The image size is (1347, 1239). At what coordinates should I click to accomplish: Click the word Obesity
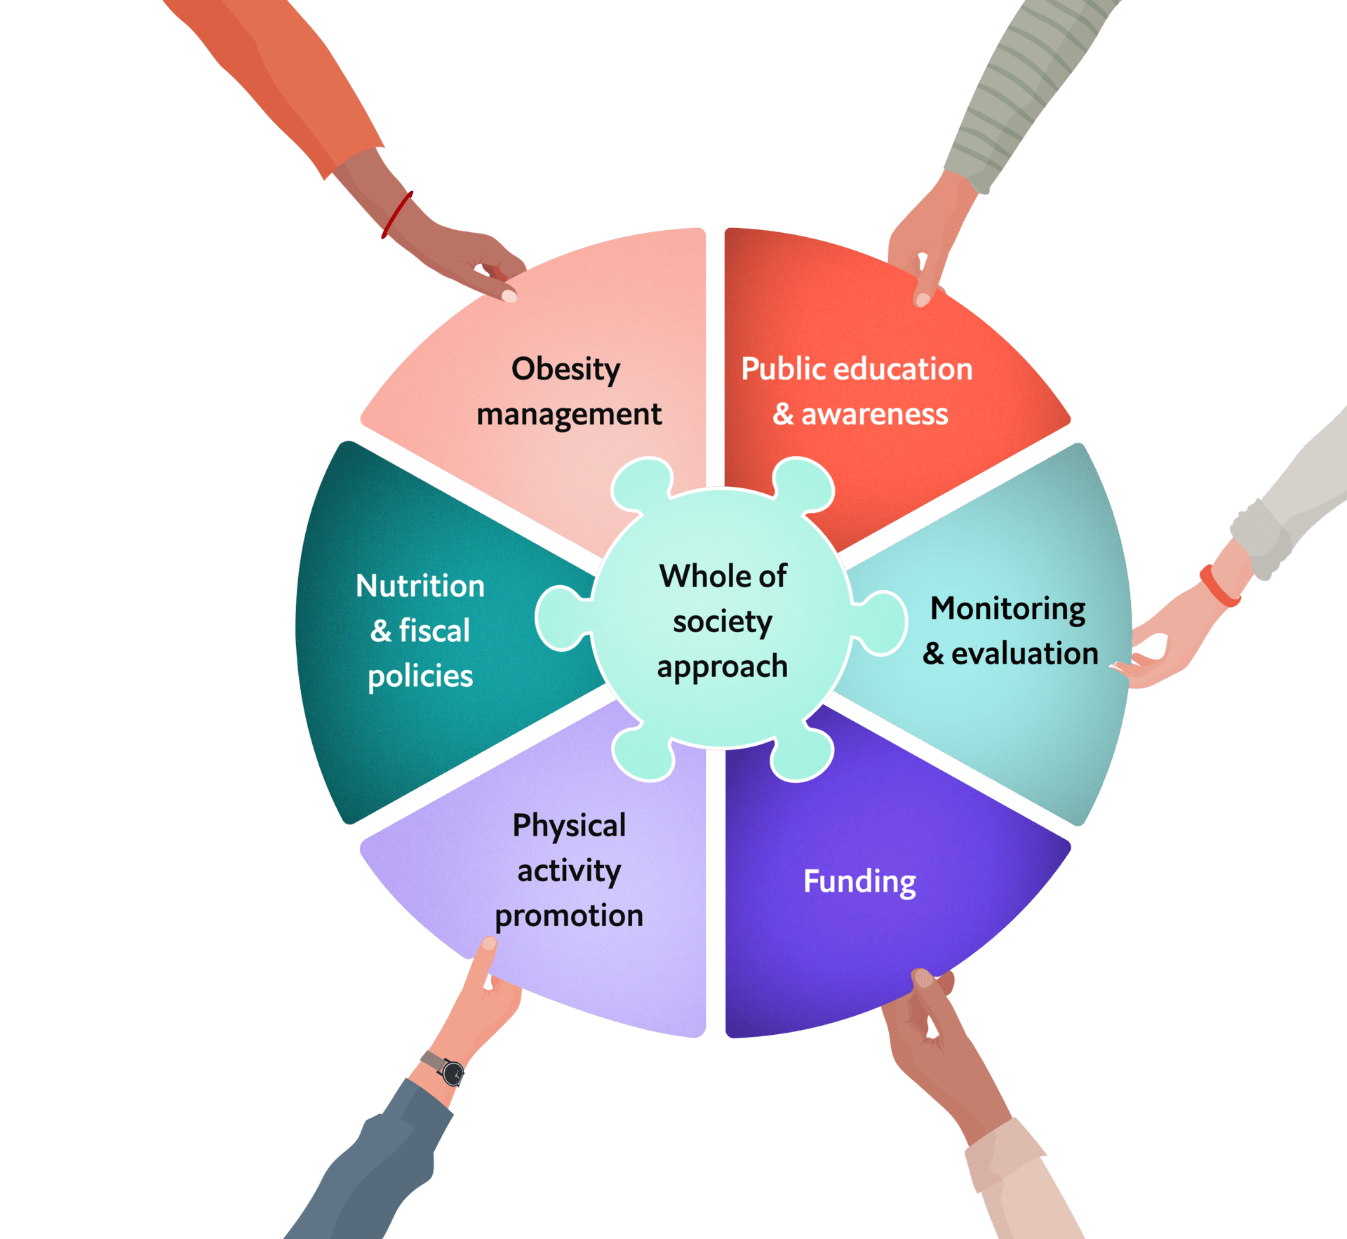point(565,369)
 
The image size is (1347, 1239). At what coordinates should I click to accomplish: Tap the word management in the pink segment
point(569,414)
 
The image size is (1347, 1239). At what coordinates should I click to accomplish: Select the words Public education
point(857,369)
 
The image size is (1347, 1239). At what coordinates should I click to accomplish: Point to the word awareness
point(875,414)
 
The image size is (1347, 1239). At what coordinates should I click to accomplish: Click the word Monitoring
point(1007,608)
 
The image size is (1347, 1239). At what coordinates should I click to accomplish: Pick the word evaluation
point(1024,653)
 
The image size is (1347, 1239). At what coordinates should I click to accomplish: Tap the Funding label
point(859,881)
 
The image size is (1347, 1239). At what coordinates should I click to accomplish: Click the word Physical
point(569,825)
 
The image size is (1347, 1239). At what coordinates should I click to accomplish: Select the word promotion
point(569,916)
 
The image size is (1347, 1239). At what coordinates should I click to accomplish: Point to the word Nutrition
point(420,586)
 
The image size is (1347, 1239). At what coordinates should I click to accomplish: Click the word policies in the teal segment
point(420,676)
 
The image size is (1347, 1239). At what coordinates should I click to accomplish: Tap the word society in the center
point(723,622)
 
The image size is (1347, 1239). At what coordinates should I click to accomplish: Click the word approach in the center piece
point(723,667)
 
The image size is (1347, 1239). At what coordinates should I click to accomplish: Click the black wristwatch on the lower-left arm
point(453,1072)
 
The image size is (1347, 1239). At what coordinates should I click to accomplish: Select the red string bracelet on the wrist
point(397,214)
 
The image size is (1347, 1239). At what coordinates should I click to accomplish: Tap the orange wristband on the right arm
point(1219,587)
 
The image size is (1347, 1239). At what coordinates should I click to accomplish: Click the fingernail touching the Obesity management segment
point(510,296)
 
